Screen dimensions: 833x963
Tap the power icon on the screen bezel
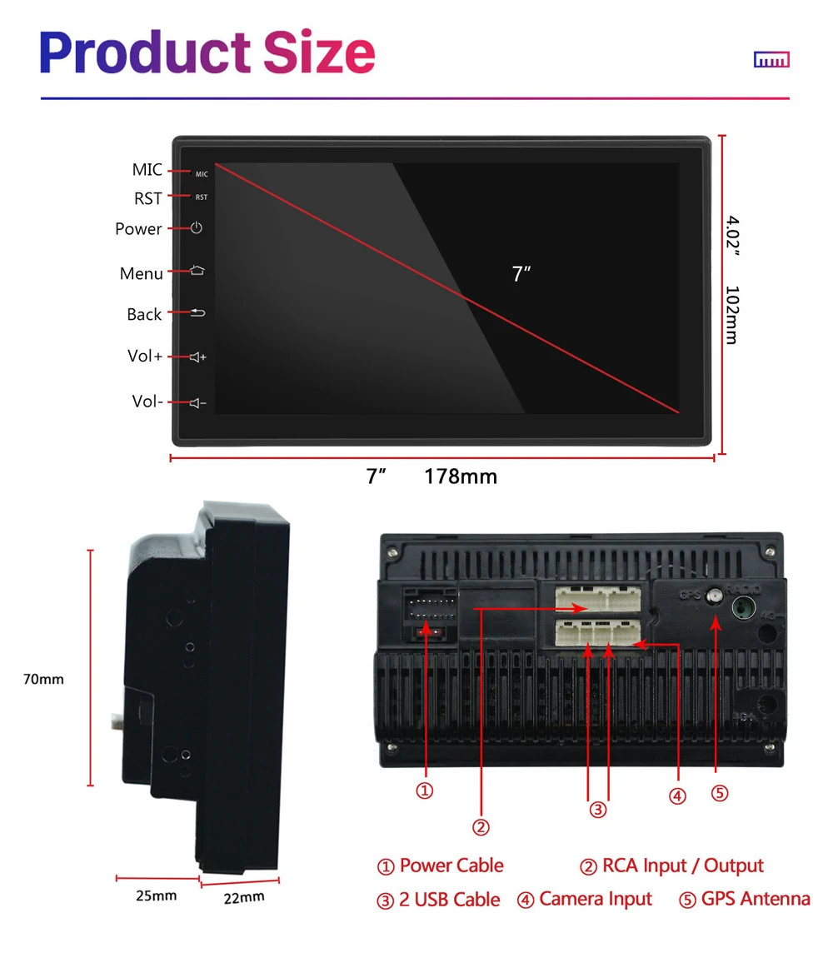pos(197,227)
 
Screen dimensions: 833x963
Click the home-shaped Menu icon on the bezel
pos(197,271)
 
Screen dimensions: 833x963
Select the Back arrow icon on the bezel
pos(197,313)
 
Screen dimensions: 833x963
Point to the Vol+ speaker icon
pos(197,357)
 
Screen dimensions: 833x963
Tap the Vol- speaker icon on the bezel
pos(197,403)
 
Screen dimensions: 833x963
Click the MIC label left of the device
pos(147,170)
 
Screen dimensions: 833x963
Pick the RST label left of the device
pos(148,198)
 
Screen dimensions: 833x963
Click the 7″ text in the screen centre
pos(521,274)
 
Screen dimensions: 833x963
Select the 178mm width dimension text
pos(461,477)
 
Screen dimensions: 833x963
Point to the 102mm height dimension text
pos(731,315)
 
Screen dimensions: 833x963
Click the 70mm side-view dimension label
pos(43,679)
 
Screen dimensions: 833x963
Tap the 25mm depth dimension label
pos(157,896)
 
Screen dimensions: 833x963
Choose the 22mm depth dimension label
pos(244,896)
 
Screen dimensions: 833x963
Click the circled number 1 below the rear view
pos(425,791)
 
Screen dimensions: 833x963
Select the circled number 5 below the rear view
pos(720,792)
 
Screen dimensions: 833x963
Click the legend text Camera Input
pos(595,899)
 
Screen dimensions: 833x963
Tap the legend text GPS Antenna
pos(755,899)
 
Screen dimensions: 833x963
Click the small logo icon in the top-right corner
pos(771,60)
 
